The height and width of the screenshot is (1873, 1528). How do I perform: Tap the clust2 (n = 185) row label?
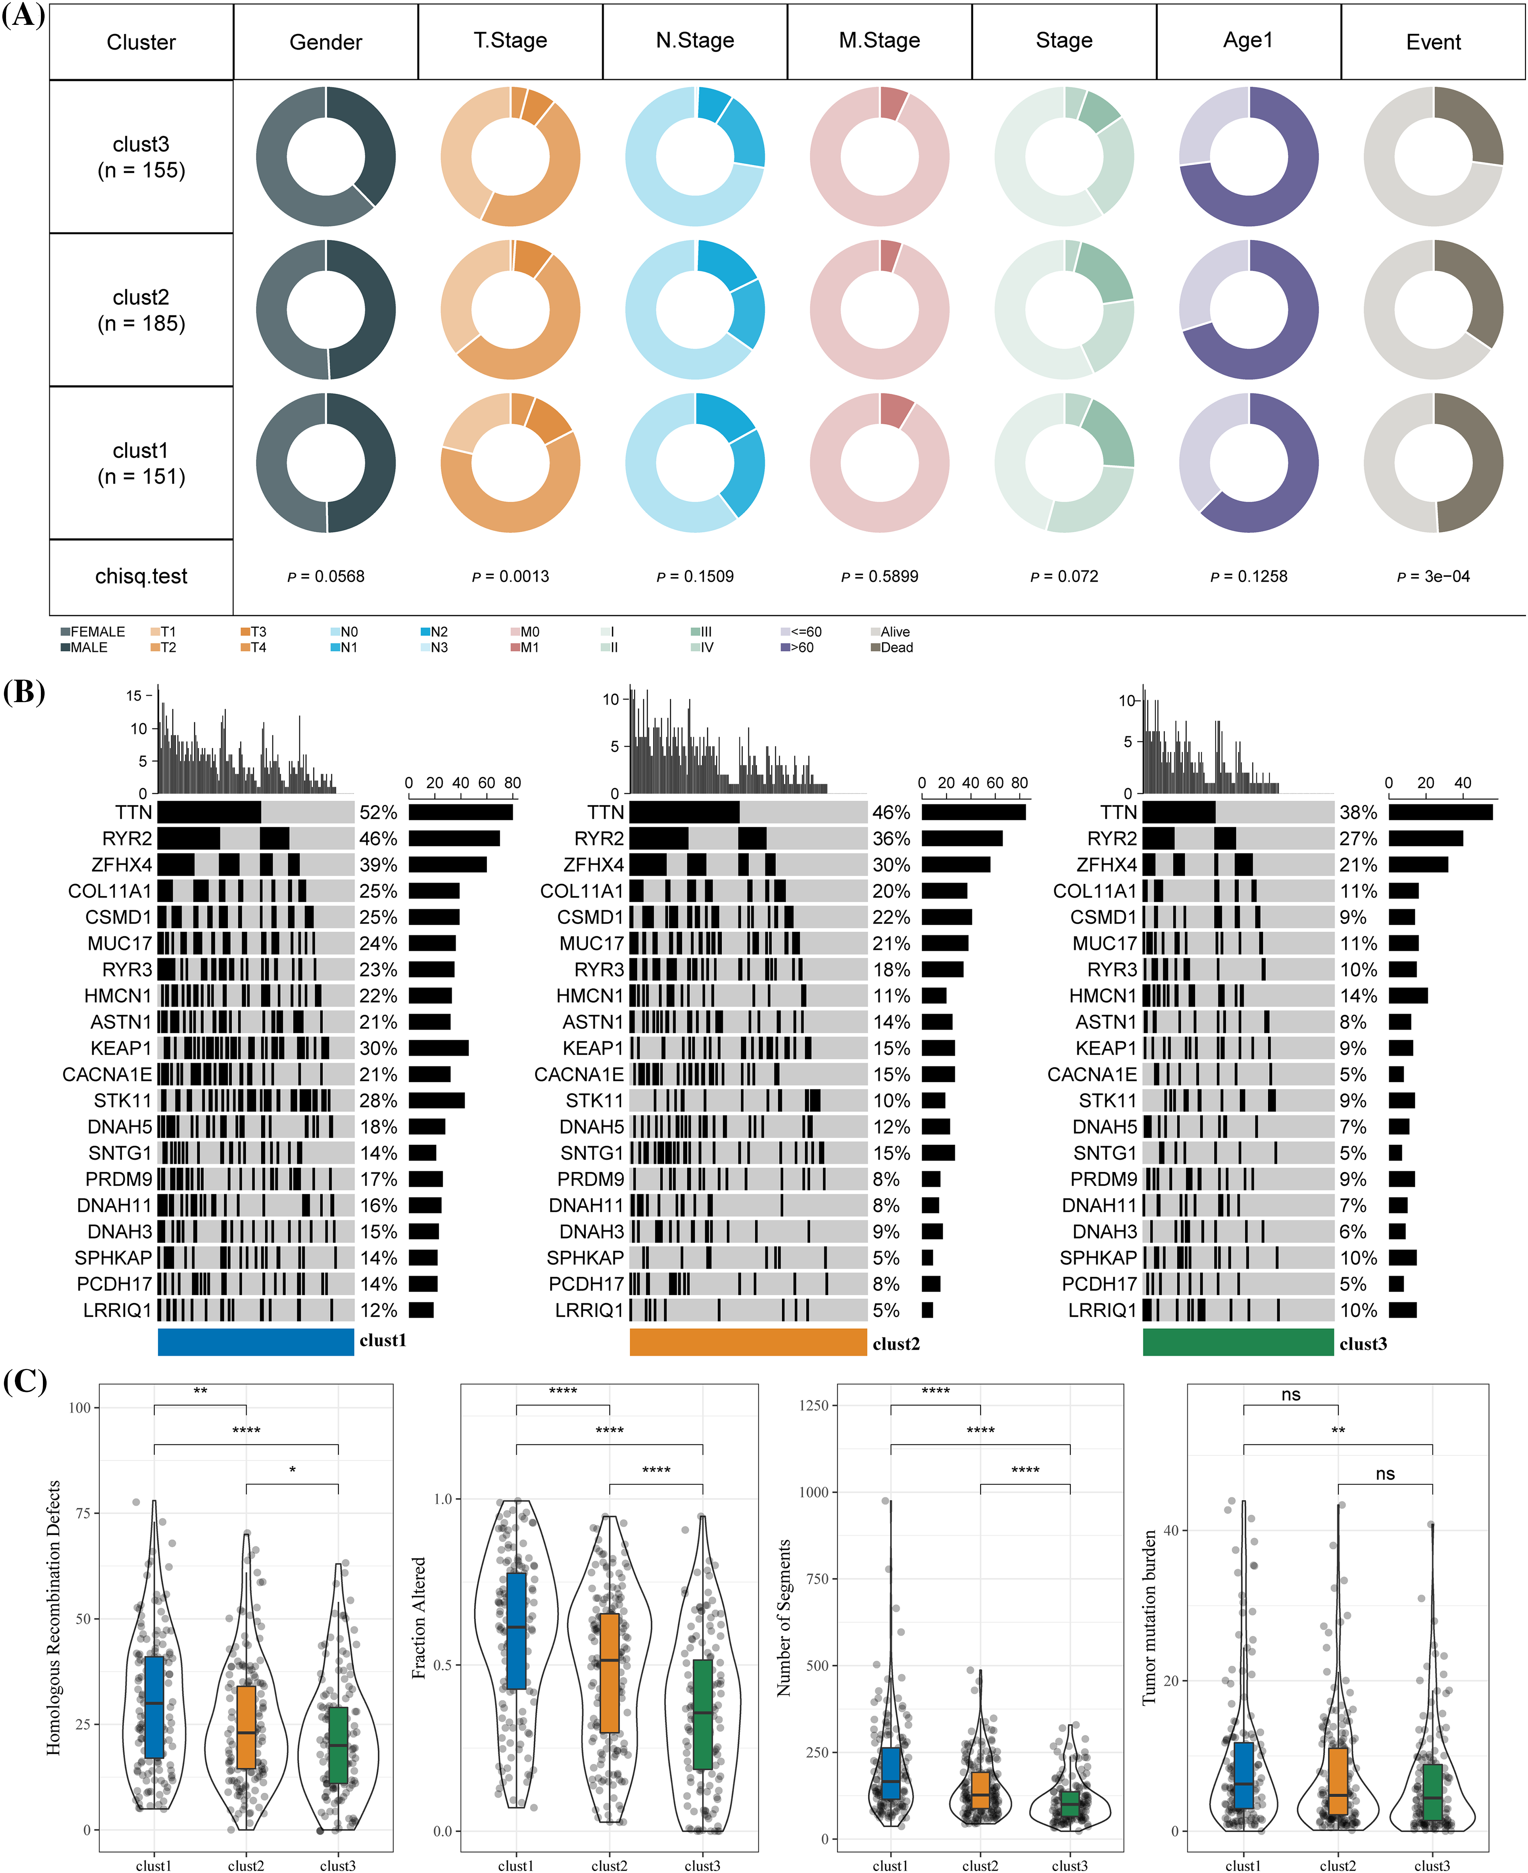141,310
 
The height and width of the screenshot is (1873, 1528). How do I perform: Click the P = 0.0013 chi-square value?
511,577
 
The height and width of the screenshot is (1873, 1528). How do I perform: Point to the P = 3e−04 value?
1433,577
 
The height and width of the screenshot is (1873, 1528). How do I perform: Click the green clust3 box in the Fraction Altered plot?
702,1714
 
